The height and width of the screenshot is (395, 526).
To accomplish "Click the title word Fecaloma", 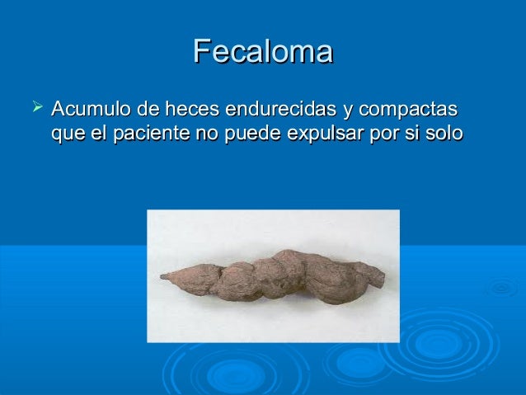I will pos(262,52).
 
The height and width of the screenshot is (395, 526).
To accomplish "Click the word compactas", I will pos(411,110).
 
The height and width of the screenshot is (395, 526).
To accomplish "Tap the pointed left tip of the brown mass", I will pos(163,276).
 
